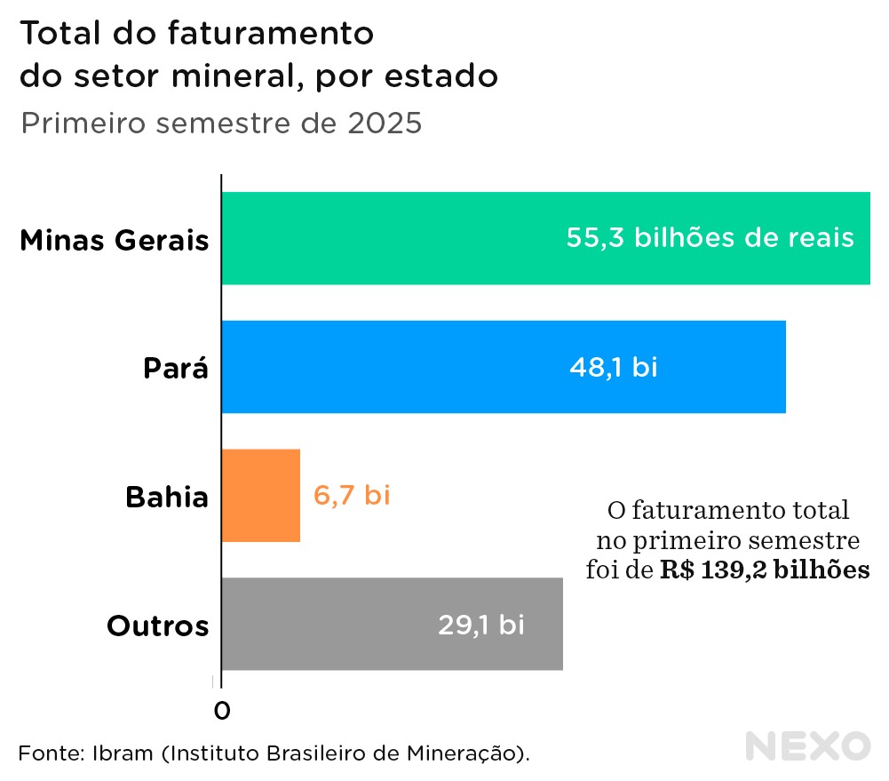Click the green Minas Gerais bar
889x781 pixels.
click(391, 238)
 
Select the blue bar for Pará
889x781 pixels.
click(391, 366)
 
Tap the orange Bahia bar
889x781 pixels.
click(260, 495)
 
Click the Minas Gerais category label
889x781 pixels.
click(114, 240)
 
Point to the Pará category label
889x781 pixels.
click(176, 368)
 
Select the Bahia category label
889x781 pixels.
click(166, 497)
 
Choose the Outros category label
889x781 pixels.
click(157, 626)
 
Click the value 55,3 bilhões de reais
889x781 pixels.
click(710, 238)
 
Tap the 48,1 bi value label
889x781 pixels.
click(613, 366)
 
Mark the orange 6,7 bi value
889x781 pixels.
click(352, 495)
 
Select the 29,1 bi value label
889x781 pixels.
click(480, 624)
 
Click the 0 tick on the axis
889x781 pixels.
click(222, 710)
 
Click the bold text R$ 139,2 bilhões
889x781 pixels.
click(765, 570)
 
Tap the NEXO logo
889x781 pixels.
click(807, 745)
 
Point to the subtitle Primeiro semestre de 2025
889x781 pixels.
click(220, 123)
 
